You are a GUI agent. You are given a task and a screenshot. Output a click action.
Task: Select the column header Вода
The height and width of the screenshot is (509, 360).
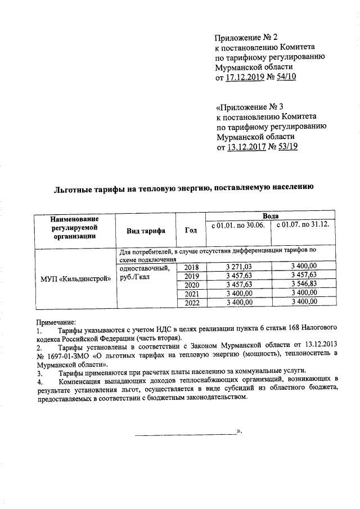click(x=270, y=216)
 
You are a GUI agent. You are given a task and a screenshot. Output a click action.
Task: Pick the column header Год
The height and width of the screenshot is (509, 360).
click(x=191, y=230)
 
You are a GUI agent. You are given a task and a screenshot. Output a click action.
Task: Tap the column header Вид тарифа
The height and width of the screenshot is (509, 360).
click(x=146, y=231)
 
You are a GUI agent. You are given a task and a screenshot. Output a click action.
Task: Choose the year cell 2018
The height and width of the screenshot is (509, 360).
click(x=192, y=266)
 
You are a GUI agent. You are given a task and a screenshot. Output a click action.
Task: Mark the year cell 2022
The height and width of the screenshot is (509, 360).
click(x=192, y=302)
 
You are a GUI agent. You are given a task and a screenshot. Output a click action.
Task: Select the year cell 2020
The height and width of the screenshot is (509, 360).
click(x=192, y=284)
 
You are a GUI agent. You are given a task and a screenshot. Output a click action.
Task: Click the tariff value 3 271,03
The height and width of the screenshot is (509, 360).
click(x=238, y=266)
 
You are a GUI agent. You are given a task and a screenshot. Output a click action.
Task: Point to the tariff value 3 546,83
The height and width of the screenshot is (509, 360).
click(x=304, y=284)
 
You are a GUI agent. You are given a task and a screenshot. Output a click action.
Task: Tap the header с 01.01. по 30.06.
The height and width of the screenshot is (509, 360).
click(x=238, y=225)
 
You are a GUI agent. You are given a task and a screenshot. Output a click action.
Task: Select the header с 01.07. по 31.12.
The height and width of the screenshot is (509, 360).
click(x=304, y=225)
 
